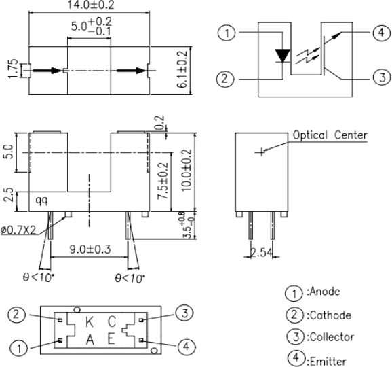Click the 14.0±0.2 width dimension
pos(91,5)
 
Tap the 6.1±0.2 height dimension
pos(182,69)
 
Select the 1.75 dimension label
pos(14,68)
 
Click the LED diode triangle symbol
pos(283,56)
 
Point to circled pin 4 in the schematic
pos(382,33)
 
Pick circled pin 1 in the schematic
pos(227,33)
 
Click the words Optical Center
pos(330,135)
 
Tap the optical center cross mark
pos(261,152)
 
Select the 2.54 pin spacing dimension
pos(261,252)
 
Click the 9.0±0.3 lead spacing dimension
pos(90,249)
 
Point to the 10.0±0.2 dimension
pos(187,170)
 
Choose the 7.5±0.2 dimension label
pos(163,181)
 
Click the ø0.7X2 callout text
pos(18,230)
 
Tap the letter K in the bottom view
pos(90,322)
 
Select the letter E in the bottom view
pos(111,339)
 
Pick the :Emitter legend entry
pos(327,362)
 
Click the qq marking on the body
pos(41,200)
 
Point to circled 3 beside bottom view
pos(184,313)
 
